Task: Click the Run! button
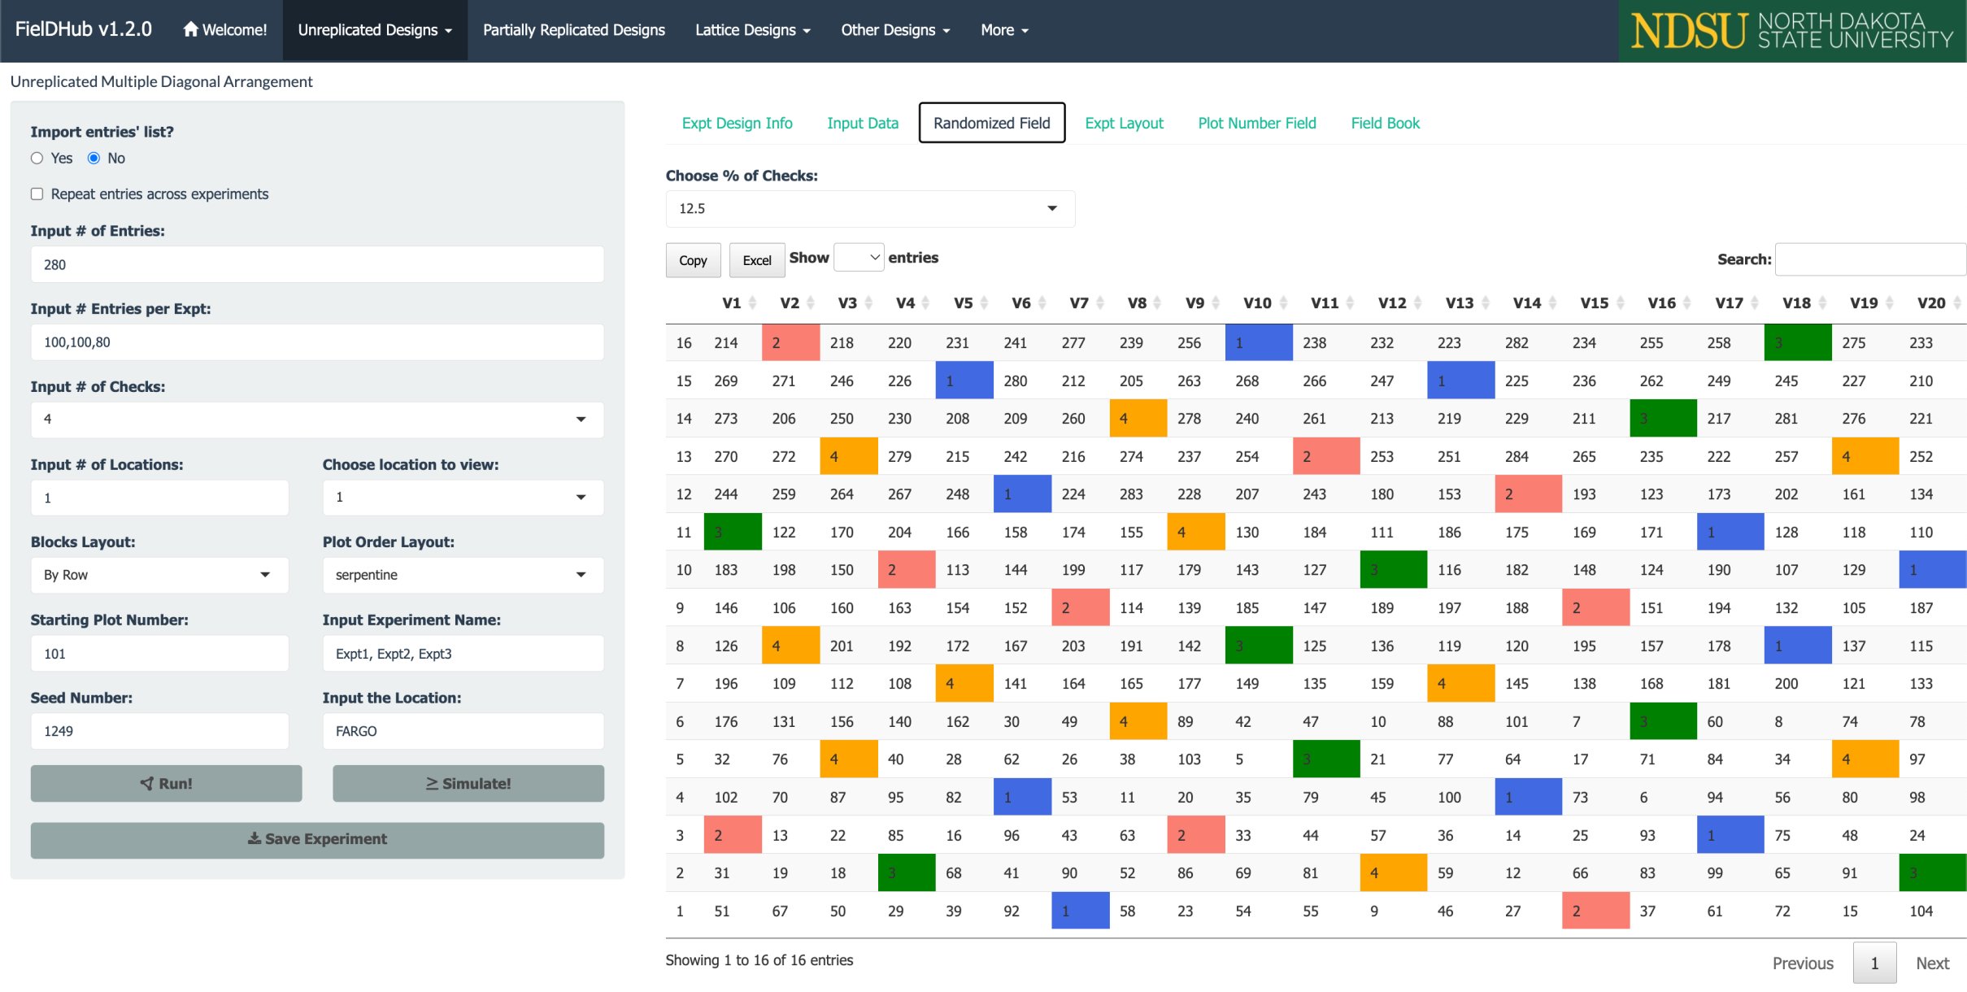(x=166, y=783)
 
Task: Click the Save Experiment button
(x=317, y=839)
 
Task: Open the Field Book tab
(x=1385, y=123)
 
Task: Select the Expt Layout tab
(x=1124, y=123)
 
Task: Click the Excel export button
(x=756, y=260)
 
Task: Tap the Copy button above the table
(x=693, y=260)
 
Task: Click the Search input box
(x=1869, y=259)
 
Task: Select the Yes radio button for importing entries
(x=37, y=159)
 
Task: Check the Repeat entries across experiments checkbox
(x=37, y=194)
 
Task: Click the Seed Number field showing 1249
(x=159, y=731)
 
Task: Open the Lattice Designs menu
(x=752, y=30)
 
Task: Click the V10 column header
(x=1257, y=303)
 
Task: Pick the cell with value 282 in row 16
(x=1517, y=343)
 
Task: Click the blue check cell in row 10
(x=1932, y=570)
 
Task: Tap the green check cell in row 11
(x=732, y=533)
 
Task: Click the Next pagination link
(x=1932, y=964)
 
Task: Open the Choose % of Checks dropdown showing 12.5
(x=869, y=209)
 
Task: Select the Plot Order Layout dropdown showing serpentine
(x=462, y=575)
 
